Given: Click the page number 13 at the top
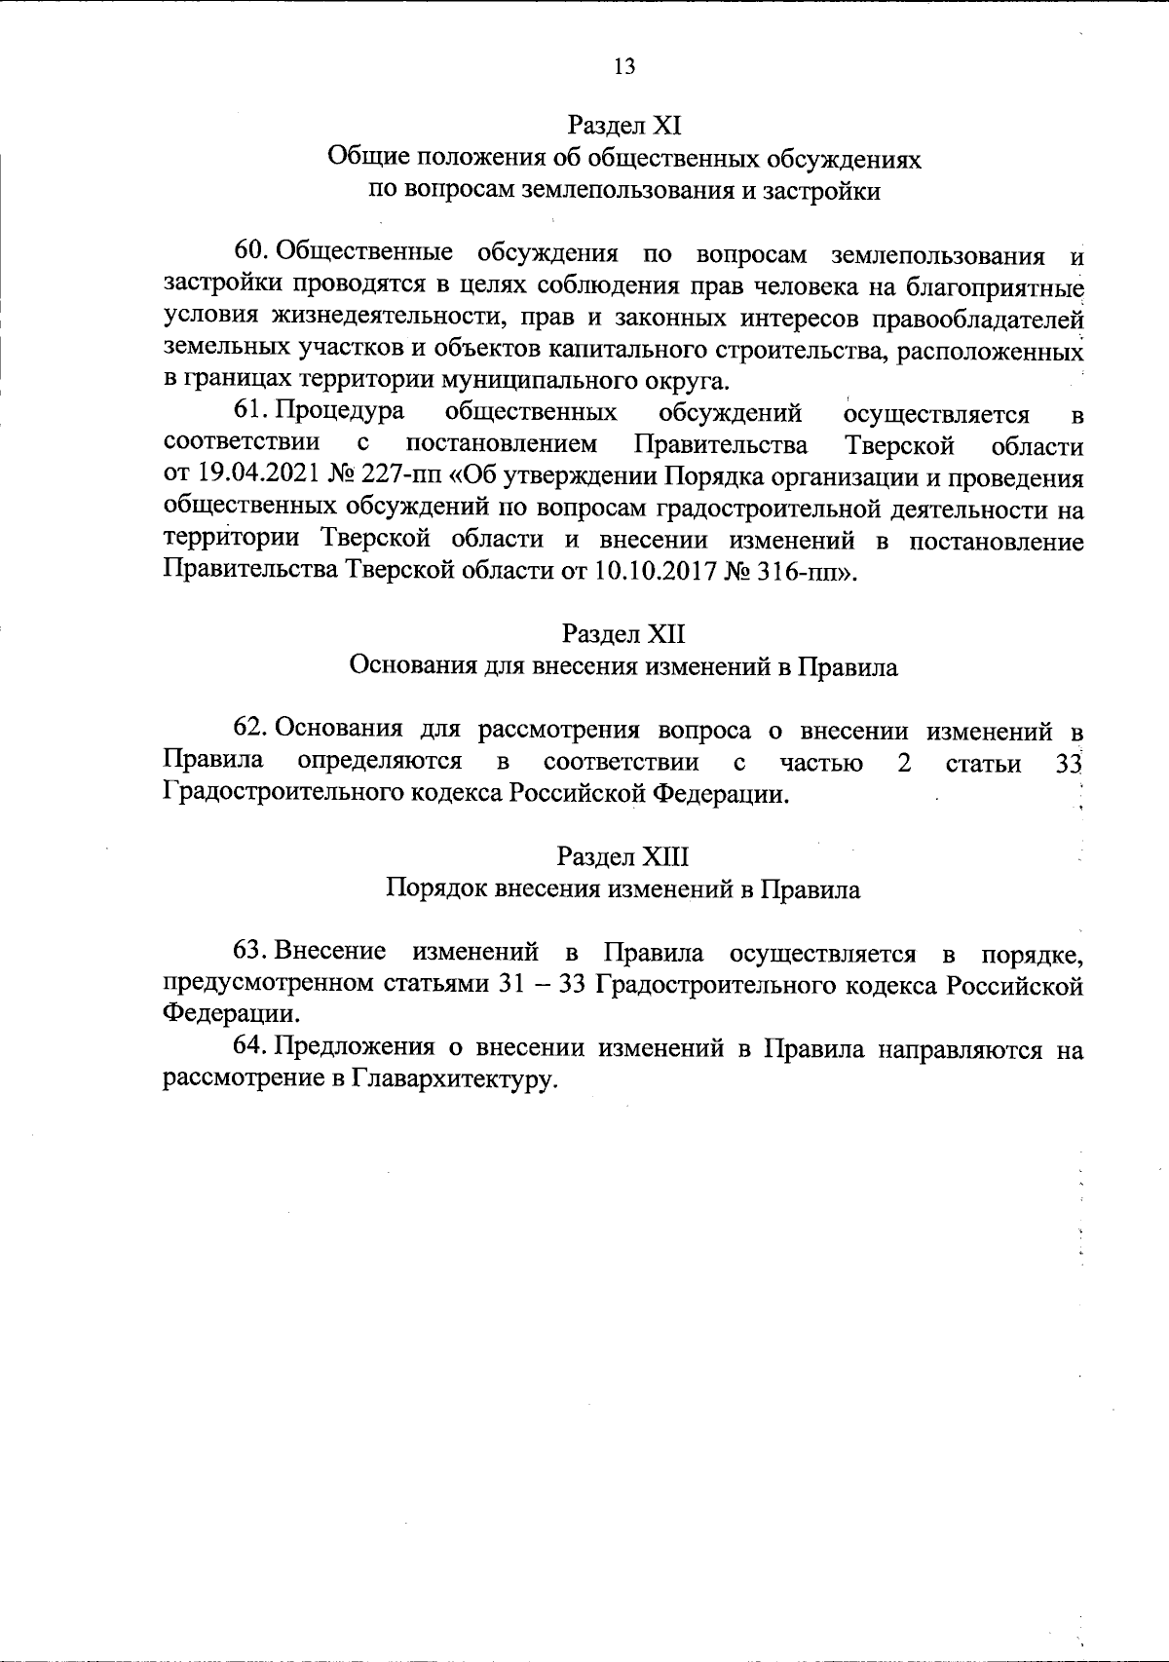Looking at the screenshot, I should [x=624, y=66].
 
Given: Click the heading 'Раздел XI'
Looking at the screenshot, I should [x=623, y=126].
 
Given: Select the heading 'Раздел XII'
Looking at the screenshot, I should [x=623, y=634].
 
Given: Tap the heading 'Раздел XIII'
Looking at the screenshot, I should [x=623, y=856].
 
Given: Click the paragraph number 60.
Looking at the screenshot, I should [x=251, y=252].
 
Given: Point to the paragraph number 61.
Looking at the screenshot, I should [x=249, y=412].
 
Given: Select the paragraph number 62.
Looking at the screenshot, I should [x=251, y=729].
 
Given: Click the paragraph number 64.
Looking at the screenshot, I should [x=251, y=1047].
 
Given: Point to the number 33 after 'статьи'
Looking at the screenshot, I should [x=1070, y=763].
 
